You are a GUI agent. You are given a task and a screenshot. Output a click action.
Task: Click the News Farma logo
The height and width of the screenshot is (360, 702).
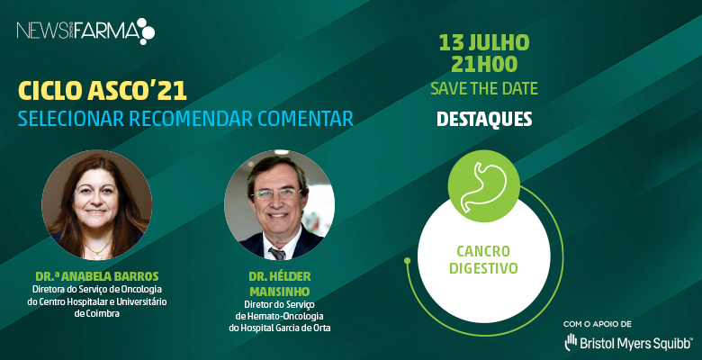click(85, 31)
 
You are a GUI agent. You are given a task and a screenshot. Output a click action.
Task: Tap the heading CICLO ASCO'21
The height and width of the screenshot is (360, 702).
click(102, 91)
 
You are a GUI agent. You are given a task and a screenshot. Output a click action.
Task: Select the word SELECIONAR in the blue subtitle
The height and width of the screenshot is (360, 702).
click(71, 118)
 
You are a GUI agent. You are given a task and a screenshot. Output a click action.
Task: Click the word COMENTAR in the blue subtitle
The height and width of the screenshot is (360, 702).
click(305, 118)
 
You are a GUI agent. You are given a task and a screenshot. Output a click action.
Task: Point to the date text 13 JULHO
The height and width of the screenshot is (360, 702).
click(484, 43)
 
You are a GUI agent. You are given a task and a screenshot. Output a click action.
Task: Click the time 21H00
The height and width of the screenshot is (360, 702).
click(484, 65)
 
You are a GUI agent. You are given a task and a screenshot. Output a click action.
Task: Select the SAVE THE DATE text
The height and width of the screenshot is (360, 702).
click(484, 88)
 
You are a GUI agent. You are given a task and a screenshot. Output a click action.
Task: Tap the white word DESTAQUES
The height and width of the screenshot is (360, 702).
click(484, 119)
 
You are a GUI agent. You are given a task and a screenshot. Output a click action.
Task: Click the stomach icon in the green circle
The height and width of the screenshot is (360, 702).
click(484, 186)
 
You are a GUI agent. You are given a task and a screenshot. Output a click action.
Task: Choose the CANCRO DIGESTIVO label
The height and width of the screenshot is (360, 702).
click(483, 260)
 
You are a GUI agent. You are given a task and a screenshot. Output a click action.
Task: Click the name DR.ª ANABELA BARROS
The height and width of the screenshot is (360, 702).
click(96, 276)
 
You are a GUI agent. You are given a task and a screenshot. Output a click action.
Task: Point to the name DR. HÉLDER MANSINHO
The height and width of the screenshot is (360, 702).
click(279, 283)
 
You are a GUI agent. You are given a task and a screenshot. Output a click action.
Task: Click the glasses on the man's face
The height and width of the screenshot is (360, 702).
click(277, 193)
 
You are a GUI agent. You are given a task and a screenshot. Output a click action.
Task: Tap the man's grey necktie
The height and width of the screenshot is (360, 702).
click(277, 254)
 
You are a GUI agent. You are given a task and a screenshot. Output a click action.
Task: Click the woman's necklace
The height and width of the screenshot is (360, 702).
click(97, 249)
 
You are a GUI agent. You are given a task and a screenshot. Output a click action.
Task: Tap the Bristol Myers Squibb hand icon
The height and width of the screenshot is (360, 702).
click(571, 342)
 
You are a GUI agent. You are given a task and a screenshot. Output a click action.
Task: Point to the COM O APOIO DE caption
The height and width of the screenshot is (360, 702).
click(598, 324)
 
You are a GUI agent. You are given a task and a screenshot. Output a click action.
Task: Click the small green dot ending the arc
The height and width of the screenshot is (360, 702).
click(407, 260)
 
